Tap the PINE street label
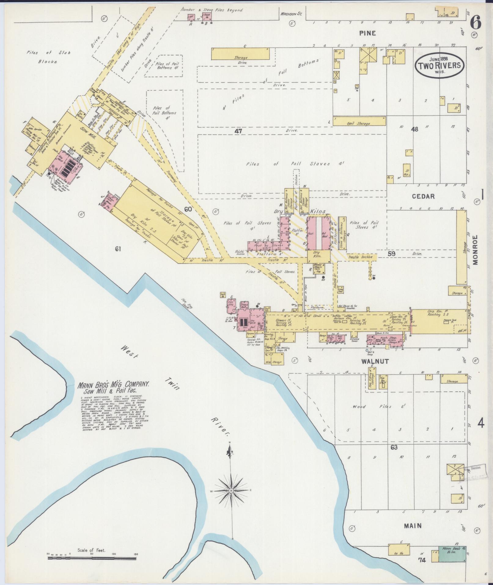click(x=367, y=33)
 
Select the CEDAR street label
click(x=423, y=196)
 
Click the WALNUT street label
click(x=375, y=361)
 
